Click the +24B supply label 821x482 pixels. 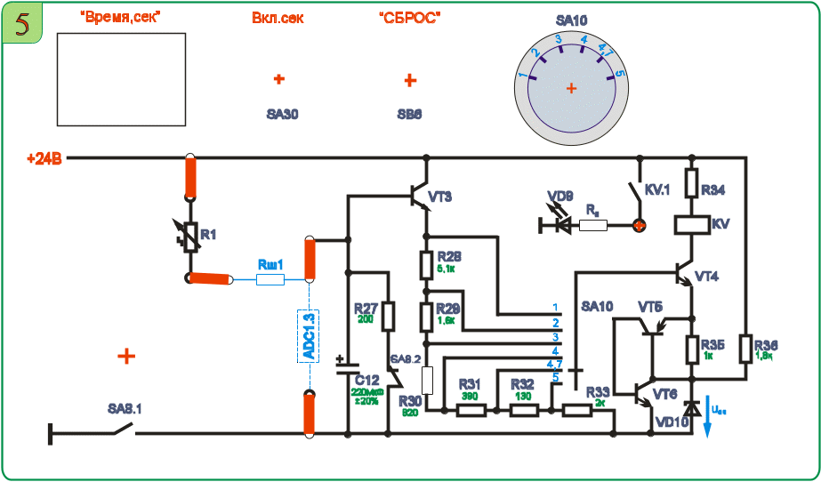pos(44,159)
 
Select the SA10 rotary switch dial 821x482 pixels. pos(571,88)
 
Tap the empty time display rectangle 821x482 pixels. pos(121,79)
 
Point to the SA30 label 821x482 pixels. pos(282,115)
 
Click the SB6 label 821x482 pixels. pos(409,115)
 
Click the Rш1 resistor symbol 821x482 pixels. pos(270,279)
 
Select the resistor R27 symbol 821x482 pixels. pos(388,316)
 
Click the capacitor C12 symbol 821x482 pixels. pos(347,366)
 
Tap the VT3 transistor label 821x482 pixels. pos(440,197)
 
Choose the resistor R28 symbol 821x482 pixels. pos(426,264)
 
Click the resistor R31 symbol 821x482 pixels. pos(471,410)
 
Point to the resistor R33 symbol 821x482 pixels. pos(578,410)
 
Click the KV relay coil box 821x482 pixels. pos(691,224)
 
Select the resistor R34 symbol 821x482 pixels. pos(691,184)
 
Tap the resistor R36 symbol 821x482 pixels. pos(745,349)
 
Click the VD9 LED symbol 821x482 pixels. pos(562,225)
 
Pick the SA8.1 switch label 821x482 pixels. pos(125,409)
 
